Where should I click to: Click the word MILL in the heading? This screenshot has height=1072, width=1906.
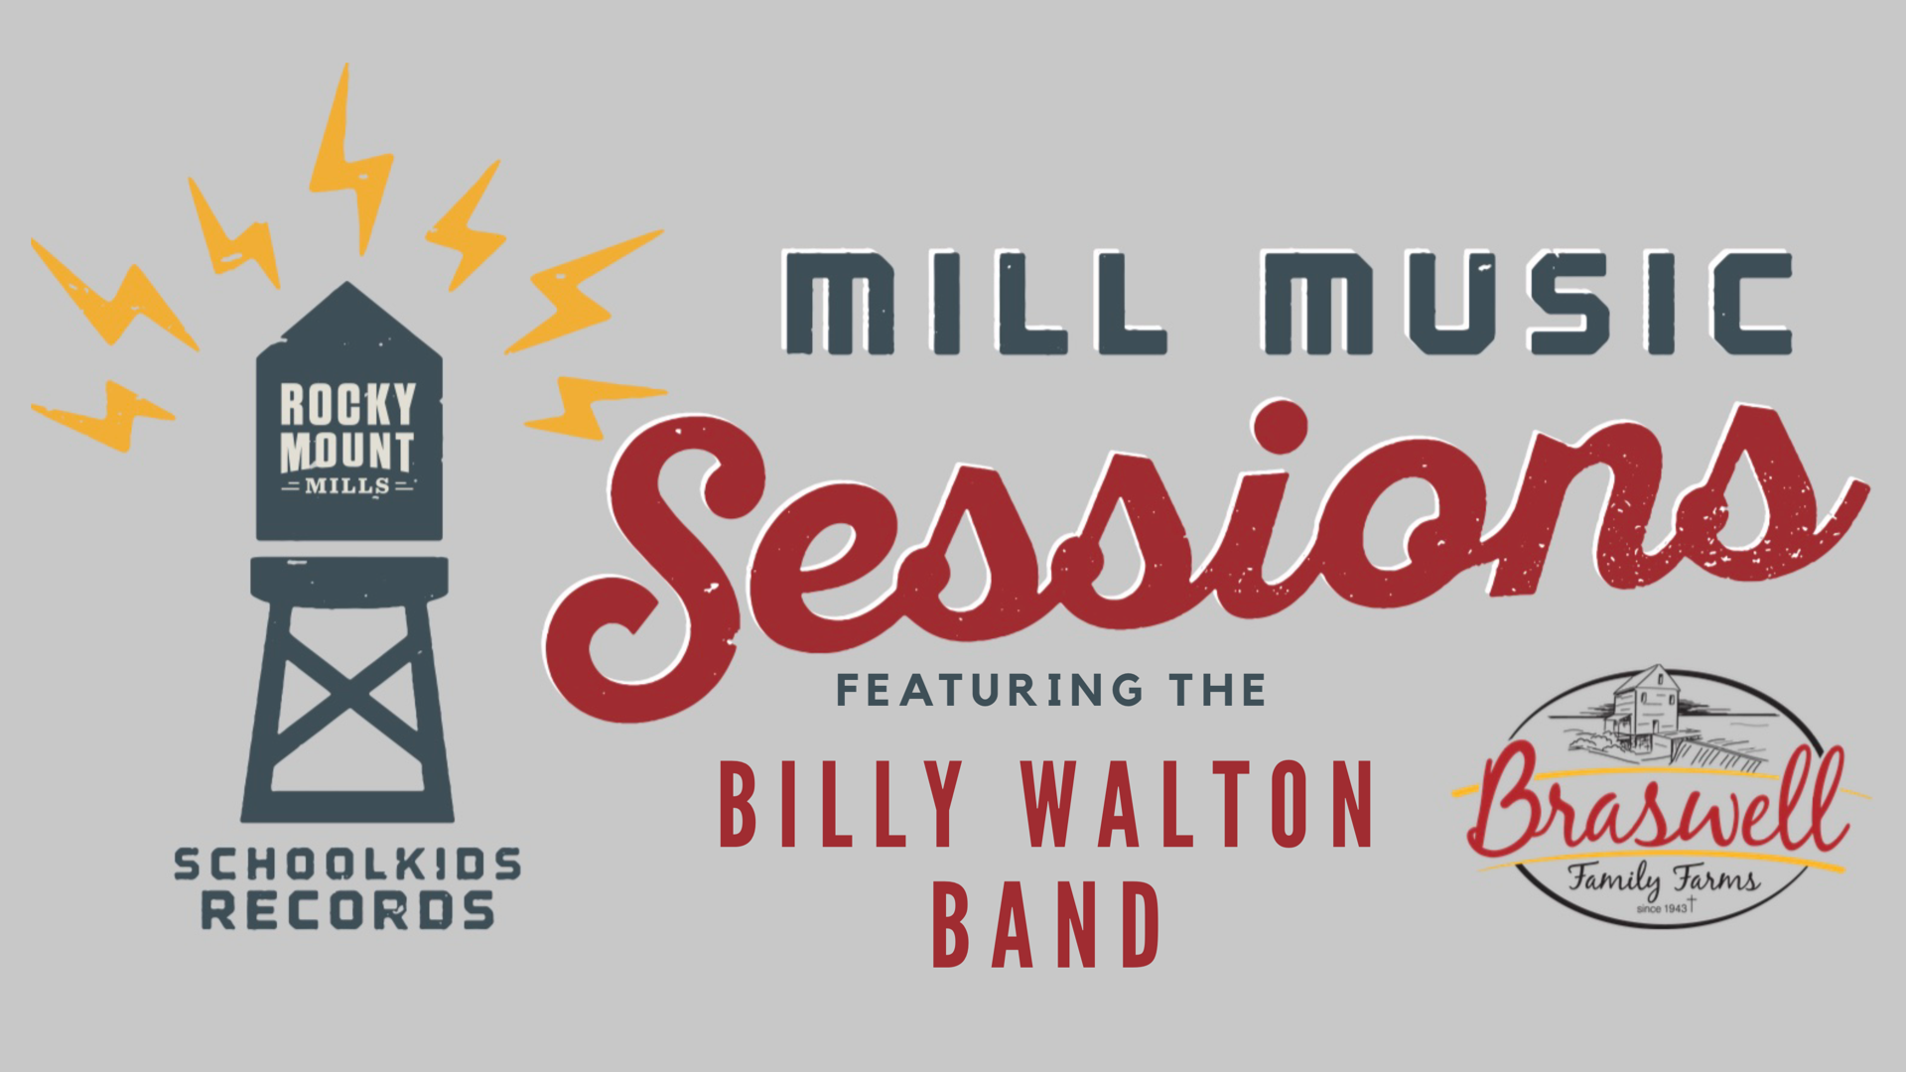[x=975, y=303]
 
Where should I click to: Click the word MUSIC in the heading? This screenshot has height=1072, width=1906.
[x=1527, y=303]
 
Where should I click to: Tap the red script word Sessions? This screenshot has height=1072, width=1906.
[x=1206, y=556]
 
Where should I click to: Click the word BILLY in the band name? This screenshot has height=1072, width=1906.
[x=841, y=804]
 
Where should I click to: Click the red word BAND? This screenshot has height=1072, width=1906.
[x=1046, y=924]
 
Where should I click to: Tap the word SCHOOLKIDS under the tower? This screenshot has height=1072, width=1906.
[x=347, y=865]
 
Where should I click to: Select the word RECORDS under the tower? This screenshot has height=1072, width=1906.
[x=347, y=910]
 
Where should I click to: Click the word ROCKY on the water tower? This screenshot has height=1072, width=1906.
[x=347, y=405]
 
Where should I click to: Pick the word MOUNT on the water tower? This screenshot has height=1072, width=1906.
[x=346, y=452]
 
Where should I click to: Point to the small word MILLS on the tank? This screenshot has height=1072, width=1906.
[x=347, y=486]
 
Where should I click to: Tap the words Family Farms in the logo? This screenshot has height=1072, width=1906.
[x=1664, y=879]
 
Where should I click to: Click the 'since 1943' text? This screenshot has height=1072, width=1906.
[x=1662, y=908]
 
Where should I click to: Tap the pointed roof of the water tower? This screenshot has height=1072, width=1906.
[x=346, y=318]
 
